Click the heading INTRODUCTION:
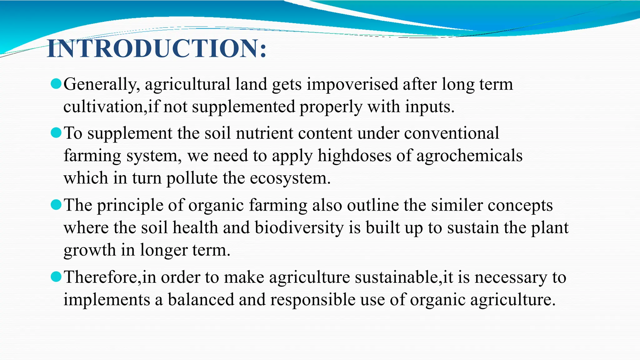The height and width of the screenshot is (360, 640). pos(157,49)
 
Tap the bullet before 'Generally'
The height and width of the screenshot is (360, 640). pos(56,84)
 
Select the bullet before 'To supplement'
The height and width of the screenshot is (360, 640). pos(56,133)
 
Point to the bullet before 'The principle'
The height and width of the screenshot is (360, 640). pos(56,205)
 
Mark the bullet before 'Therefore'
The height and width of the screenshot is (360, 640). pos(56,277)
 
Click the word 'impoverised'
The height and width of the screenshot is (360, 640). pos(352,84)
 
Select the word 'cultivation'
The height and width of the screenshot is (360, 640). pos(103,107)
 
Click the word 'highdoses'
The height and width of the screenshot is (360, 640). pos(354,156)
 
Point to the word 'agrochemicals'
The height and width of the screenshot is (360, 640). pos(469,156)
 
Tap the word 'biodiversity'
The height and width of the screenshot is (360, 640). pos(299,227)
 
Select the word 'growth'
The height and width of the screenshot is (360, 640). pos(90,250)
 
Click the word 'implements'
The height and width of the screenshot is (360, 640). pos(107,300)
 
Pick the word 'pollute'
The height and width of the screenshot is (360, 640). pos(192,178)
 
